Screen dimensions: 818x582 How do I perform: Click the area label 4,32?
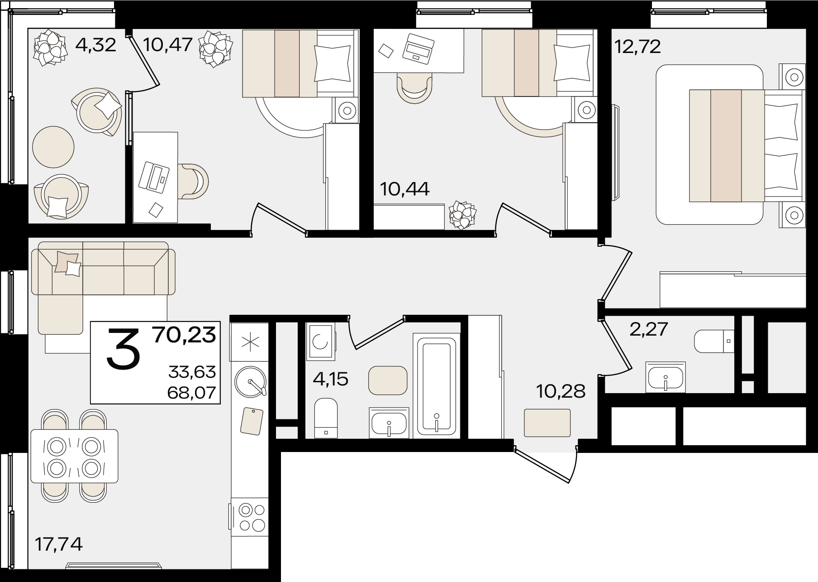click(96, 45)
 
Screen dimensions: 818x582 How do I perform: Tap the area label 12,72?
click(637, 46)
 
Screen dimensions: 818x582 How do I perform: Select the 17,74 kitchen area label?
click(59, 544)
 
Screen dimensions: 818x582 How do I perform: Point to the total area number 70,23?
click(184, 335)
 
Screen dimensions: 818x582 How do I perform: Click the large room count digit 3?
click(124, 349)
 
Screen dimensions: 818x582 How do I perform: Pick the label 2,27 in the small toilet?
click(649, 329)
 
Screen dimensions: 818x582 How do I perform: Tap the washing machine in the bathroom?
click(321, 342)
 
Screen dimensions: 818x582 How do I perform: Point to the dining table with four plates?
click(74, 456)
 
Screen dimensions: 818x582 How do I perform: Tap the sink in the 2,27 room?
click(666, 376)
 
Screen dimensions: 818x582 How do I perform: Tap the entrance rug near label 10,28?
click(547, 423)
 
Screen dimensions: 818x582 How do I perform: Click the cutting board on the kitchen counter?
click(252, 421)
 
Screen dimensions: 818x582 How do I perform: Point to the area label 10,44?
click(404, 189)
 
